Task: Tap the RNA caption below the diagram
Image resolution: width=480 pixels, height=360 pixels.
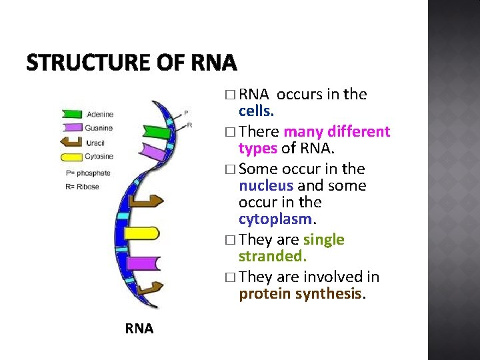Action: [x=139, y=328]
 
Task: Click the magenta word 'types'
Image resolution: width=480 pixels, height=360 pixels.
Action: [x=259, y=147]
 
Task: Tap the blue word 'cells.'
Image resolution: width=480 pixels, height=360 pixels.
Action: [x=256, y=110]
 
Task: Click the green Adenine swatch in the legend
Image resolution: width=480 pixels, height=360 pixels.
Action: [x=71, y=115]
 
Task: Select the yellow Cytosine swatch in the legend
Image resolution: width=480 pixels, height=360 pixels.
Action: [x=71, y=157]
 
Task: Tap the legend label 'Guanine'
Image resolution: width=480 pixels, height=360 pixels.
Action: [x=99, y=128]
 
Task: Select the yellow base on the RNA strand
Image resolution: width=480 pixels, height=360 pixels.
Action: [x=143, y=233]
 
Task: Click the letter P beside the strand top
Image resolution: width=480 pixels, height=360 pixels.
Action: [x=186, y=113]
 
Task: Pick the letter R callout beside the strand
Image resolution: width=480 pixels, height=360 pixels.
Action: [x=190, y=125]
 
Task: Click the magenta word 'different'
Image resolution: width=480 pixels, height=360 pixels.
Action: [x=357, y=131]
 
